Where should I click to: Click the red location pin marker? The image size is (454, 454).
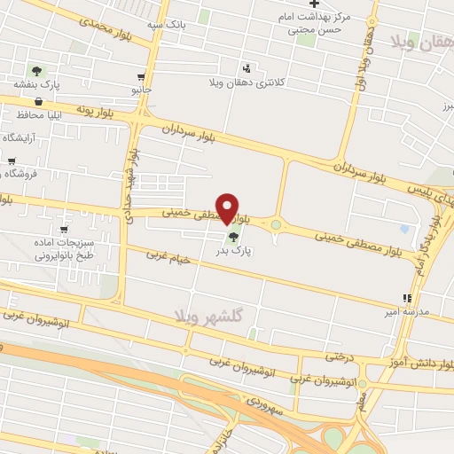point(228,207)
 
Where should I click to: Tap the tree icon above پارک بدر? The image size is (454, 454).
point(233,237)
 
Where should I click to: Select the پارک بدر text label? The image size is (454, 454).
point(234,252)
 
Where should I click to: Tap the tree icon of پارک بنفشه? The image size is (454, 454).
point(36,71)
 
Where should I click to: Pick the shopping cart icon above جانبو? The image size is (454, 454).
point(142,76)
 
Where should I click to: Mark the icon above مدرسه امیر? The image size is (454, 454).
point(407,299)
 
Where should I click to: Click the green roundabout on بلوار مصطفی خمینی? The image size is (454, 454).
point(276,225)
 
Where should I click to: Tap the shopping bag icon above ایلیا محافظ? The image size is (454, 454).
point(36,102)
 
